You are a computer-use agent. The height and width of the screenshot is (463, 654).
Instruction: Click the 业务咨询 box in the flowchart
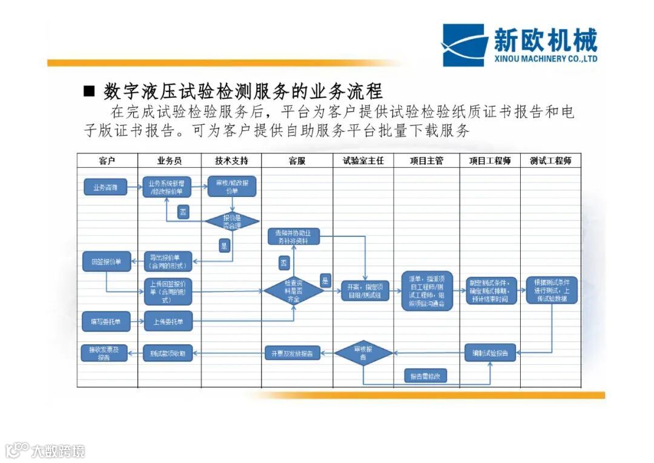point(105,188)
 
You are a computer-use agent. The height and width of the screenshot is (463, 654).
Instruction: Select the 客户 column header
point(107,161)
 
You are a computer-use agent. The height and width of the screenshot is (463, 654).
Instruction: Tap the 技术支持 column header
point(231,161)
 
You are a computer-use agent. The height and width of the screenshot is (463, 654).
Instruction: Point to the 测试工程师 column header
point(550,161)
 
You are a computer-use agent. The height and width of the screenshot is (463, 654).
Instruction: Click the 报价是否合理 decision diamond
point(232,221)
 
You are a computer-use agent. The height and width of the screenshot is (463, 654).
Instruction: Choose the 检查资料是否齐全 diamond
point(294,291)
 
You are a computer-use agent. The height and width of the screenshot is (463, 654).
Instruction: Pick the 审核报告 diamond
point(363,353)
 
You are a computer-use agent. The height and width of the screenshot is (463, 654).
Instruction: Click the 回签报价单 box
point(107,262)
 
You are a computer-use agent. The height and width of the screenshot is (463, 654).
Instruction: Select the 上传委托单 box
point(168,321)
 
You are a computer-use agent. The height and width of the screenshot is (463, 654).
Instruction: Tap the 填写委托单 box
point(106,321)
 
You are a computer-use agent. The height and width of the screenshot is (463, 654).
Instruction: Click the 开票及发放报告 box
point(292,353)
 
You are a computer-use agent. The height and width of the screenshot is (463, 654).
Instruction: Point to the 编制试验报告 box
point(490,353)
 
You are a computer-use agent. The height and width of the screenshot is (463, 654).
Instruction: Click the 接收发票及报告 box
point(104,353)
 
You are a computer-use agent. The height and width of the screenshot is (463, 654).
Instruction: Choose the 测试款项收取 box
point(168,353)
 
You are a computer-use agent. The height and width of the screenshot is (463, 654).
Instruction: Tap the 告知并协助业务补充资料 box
point(294,236)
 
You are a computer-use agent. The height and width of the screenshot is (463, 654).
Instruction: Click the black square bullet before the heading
point(90,92)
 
